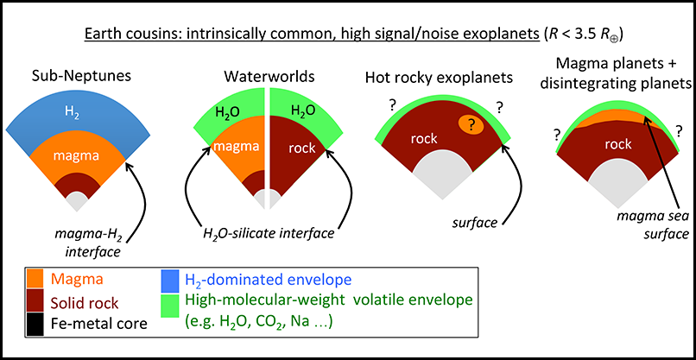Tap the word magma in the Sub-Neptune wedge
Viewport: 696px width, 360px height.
pos(77,155)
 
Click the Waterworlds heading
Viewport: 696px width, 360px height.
pos(269,76)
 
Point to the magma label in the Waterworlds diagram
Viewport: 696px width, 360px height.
pos(237,146)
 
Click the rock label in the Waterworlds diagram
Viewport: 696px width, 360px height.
pos(301,147)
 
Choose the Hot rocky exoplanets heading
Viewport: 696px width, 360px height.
pos(440,79)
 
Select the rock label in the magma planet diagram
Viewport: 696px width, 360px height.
pos(618,144)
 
